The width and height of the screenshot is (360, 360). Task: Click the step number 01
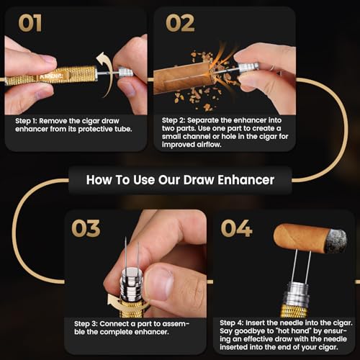tap(30, 23)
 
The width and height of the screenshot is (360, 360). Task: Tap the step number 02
tap(180, 23)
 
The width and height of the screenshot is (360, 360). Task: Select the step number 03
tap(86, 228)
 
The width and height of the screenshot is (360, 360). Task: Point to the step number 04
tap(236, 228)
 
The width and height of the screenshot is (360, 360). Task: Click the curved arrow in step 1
tap(107, 73)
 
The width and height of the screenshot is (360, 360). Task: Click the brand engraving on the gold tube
tap(51, 76)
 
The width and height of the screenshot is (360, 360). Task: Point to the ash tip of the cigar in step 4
tap(336, 240)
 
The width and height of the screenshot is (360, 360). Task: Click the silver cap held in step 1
tap(125, 71)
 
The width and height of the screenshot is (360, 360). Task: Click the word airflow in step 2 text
tap(209, 145)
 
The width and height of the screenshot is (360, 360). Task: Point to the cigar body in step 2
tap(182, 78)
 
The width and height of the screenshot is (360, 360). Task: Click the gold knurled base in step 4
tap(294, 311)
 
